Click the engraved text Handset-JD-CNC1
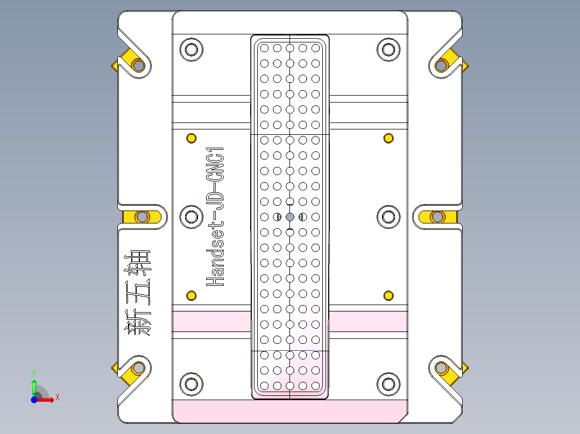(x=216, y=216)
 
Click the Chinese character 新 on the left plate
(x=138, y=322)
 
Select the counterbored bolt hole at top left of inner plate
(x=191, y=49)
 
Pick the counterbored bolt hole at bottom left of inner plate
(x=191, y=383)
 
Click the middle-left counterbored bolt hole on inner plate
(x=191, y=217)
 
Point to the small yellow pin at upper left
(x=191, y=139)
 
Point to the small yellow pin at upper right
(x=388, y=139)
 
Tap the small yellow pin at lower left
(x=191, y=295)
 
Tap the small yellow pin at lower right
(x=388, y=295)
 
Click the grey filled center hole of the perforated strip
(x=290, y=217)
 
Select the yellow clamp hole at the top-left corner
(x=138, y=66)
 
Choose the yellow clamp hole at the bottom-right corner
(x=442, y=368)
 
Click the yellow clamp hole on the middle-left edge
(x=142, y=217)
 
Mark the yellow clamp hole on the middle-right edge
(x=437, y=217)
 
